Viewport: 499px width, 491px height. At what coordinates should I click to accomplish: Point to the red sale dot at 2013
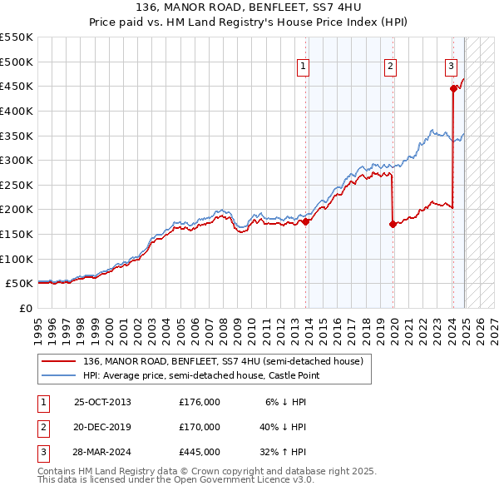click(x=306, y=221)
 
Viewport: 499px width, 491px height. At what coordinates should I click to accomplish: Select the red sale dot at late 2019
click(x=393, y=224)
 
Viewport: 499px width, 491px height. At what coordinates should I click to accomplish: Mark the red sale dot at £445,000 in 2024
click(x=453, y=88)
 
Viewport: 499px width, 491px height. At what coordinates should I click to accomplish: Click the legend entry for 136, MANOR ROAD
click(x=223, y=362)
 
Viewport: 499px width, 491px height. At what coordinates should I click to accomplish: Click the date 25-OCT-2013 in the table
click(x=102, y=402)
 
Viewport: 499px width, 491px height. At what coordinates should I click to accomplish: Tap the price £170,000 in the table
click(x=200, y=427)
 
